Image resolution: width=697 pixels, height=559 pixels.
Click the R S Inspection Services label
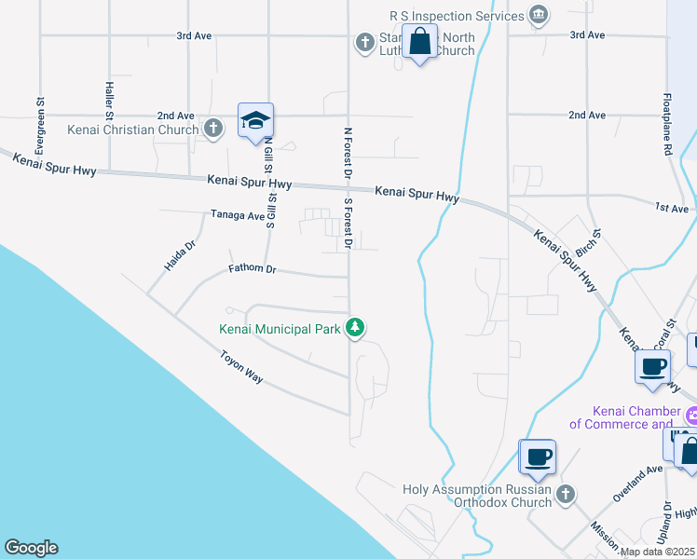pos(457,16)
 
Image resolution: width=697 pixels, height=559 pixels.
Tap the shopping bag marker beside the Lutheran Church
pos(420,43)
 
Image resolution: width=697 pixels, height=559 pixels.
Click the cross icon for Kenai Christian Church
pos(213,129)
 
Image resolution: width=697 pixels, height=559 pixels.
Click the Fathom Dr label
pos(253,269)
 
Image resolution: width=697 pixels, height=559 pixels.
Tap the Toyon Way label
pos(241,367)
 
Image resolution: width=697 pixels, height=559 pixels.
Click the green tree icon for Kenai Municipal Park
pos(354,328)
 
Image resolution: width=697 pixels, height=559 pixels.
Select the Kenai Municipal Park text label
pos(279,329)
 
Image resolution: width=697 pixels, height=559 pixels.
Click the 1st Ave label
pos(670,208)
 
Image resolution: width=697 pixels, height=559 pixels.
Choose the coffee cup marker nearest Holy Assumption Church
pos(537,458)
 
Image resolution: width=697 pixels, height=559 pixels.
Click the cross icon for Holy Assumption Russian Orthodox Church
pos(565,493)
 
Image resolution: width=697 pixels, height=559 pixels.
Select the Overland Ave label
pos(637,484)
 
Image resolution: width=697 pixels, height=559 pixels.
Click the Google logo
pos(32,548)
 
